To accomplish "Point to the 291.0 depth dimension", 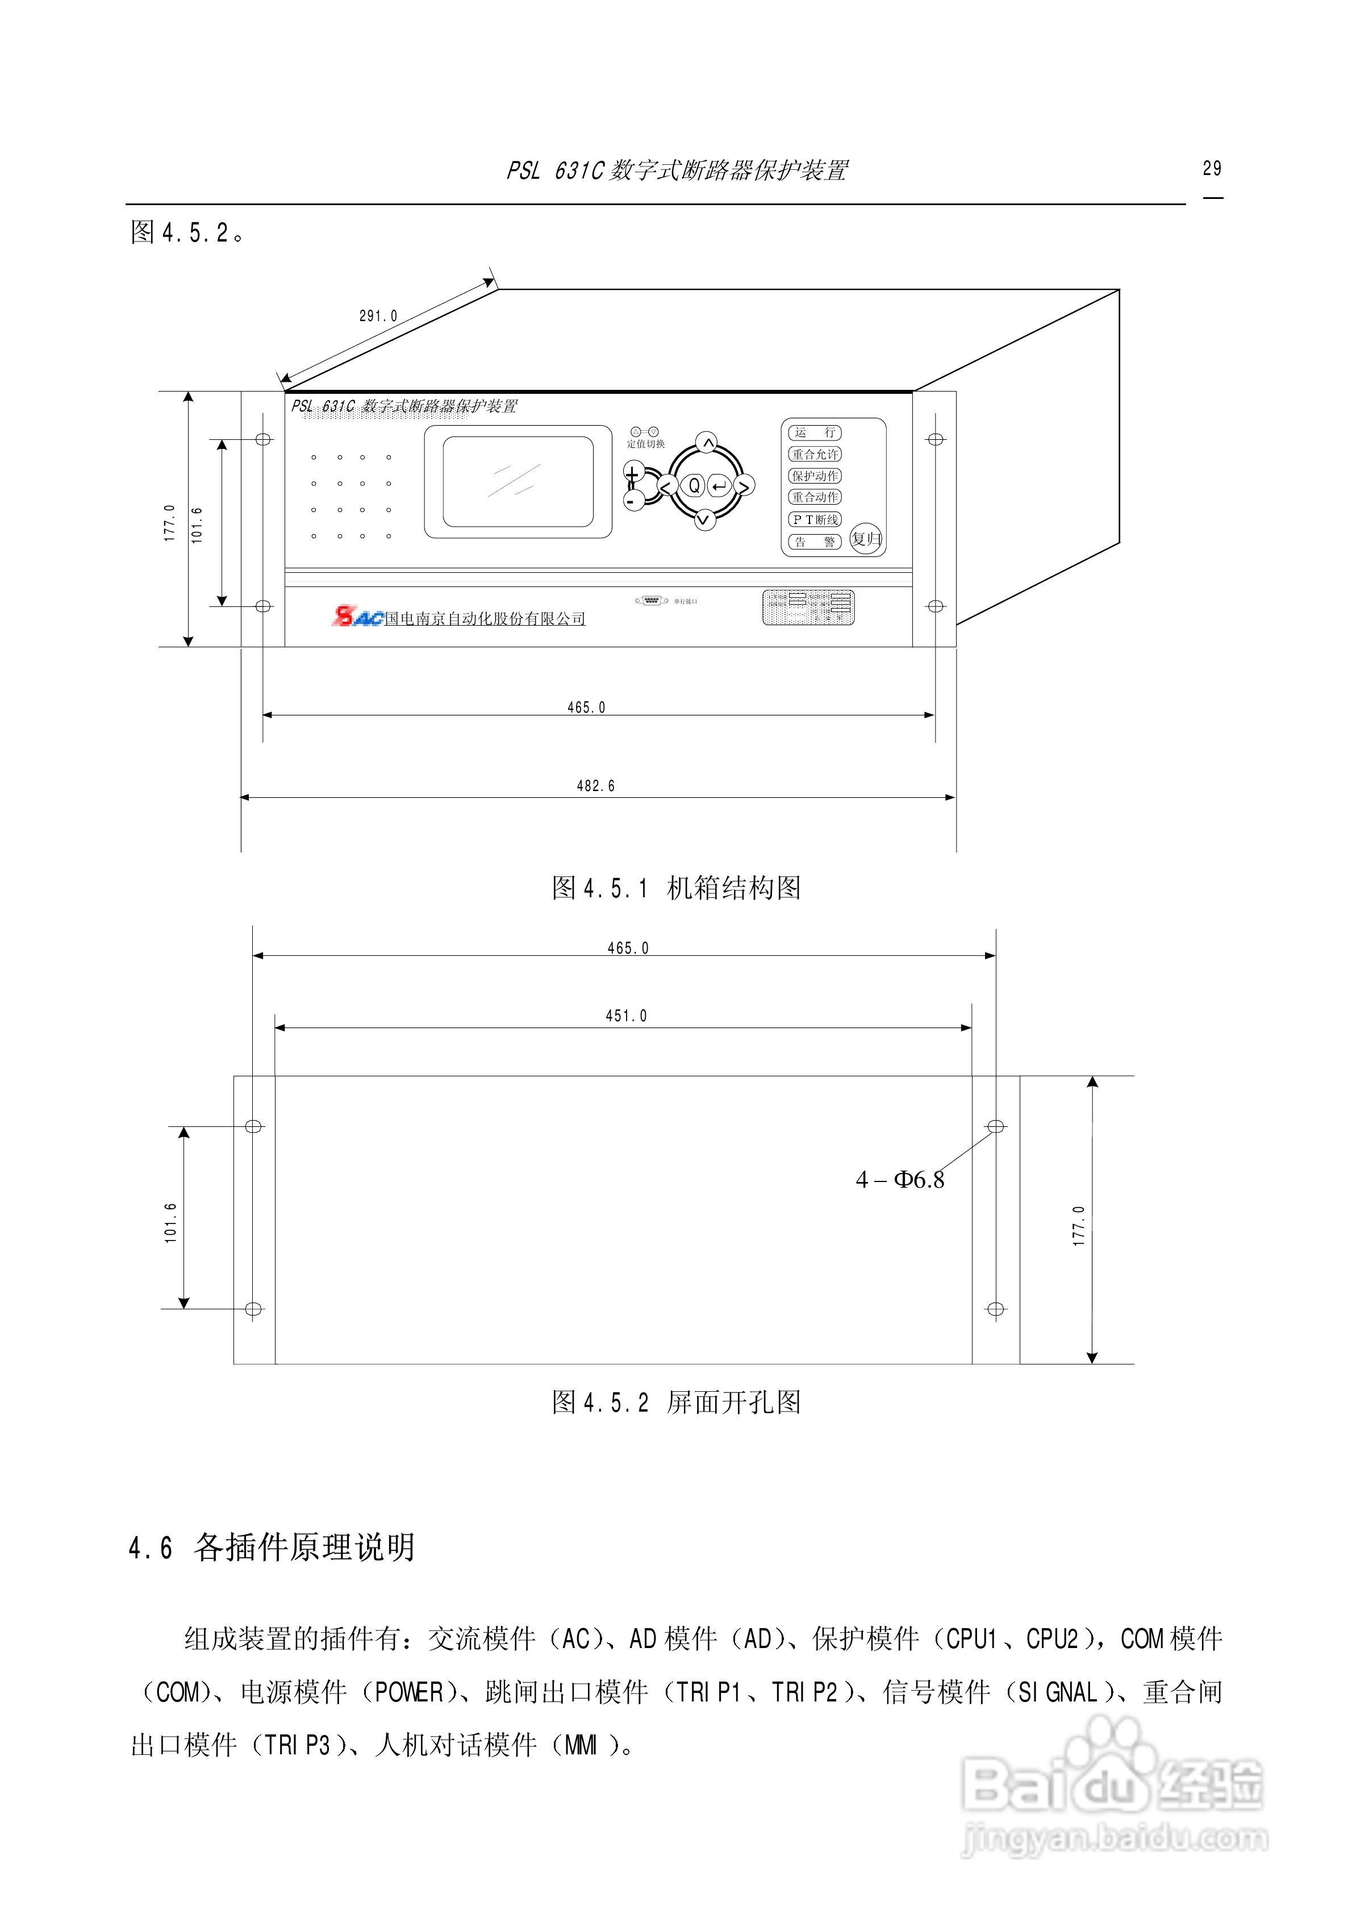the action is click(378, 316).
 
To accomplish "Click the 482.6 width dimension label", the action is click(595, 785).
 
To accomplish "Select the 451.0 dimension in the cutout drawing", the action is click(626, 1016).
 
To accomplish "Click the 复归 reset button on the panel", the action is click(866, 539).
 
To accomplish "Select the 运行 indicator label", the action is click(815, 432).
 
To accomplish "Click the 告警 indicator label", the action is click(815, 542).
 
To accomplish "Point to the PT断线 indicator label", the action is click(815, 519).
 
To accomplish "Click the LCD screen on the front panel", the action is click(518, 482).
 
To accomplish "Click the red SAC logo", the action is click(357, 617).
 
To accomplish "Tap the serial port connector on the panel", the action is click(651, 600).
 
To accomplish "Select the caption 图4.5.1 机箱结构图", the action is click(676, 888).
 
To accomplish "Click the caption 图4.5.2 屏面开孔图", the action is click(676, 1402).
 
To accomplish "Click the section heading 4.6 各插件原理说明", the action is click(272, 1548).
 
